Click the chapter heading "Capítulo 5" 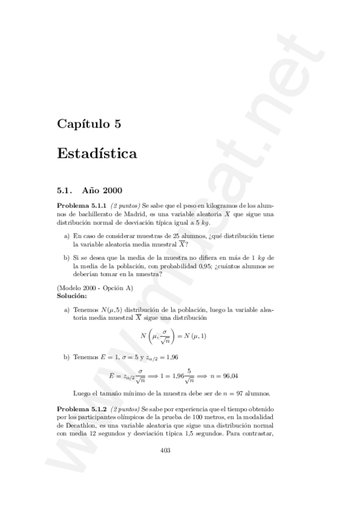pos(90,124)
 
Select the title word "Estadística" pos(97,153)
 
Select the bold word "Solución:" pos(72,296)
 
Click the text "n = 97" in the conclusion pos(230,392)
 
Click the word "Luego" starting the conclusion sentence pos(81,392)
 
